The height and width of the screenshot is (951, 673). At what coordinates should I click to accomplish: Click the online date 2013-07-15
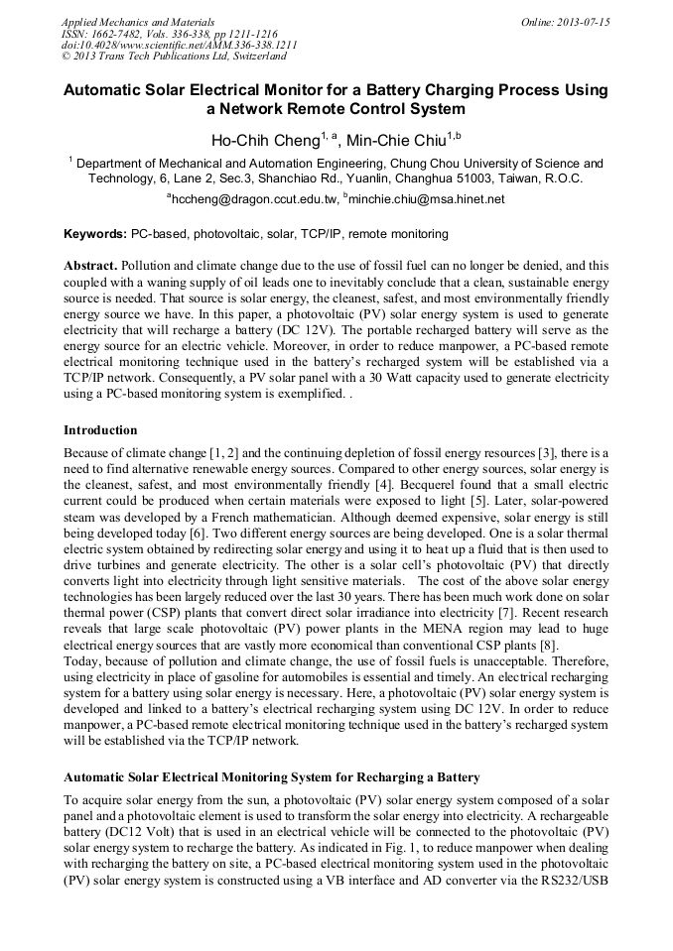(x=580, y=22)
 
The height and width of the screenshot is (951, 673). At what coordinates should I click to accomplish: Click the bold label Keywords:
(x=95, y=234)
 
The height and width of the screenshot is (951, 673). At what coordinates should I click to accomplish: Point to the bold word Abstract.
(x=90, y=267)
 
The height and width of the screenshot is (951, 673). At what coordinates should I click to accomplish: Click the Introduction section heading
(x=100, y=430)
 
